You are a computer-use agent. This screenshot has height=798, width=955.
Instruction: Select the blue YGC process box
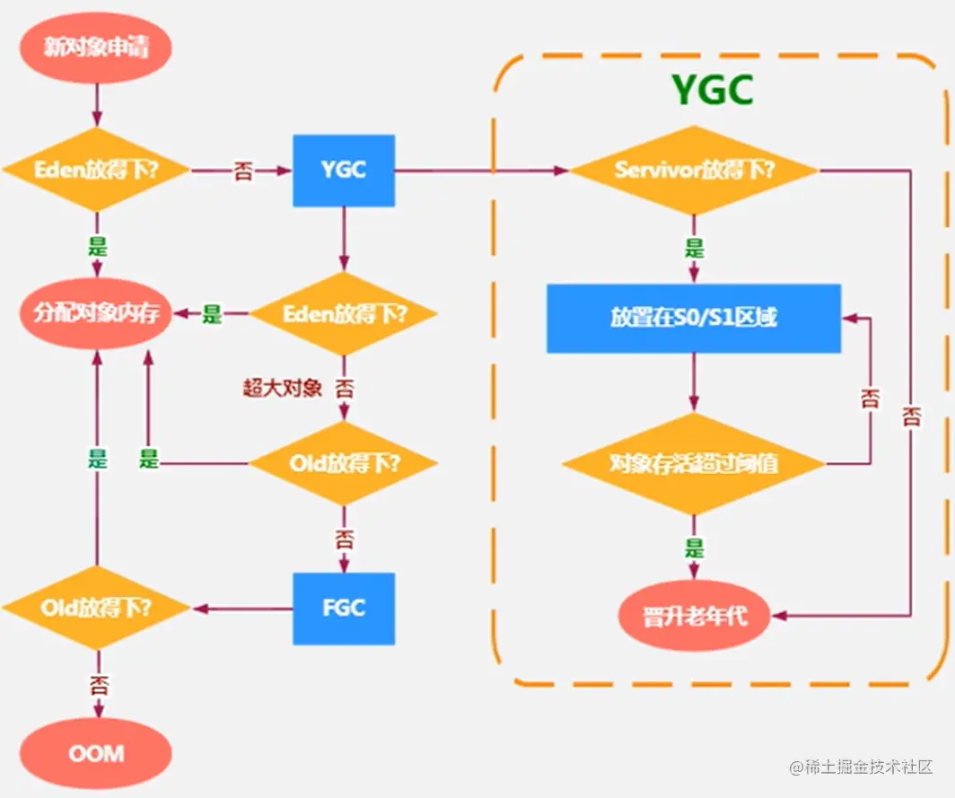(344, 170)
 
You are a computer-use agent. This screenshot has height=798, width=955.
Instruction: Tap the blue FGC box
(344, 608)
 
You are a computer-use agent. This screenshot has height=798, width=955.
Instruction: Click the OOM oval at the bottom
(96, 751)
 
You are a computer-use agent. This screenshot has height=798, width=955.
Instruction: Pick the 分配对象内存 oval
(96, 314)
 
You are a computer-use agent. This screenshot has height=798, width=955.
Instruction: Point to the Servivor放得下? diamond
(694, 170)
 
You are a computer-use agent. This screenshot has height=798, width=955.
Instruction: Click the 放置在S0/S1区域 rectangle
(694, 319)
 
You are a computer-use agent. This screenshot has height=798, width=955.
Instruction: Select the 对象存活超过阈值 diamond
(694, 464)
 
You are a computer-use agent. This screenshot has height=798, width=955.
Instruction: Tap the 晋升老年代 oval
(694, 617)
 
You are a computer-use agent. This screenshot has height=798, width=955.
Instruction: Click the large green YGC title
(713, 90)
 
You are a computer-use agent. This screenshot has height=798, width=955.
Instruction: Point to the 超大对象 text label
(282, 388)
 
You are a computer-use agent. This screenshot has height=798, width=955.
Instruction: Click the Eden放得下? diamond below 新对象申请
(96, 170)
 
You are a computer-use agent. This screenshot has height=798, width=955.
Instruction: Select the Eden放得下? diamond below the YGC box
(344, 314)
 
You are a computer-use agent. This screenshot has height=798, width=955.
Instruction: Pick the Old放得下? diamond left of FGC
(96, 608)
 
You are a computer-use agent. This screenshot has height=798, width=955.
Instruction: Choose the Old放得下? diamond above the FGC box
(344, 464)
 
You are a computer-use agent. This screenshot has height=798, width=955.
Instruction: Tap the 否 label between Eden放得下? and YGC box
(243, 171)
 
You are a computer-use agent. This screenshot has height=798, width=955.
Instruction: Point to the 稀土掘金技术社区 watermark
(862, 768)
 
